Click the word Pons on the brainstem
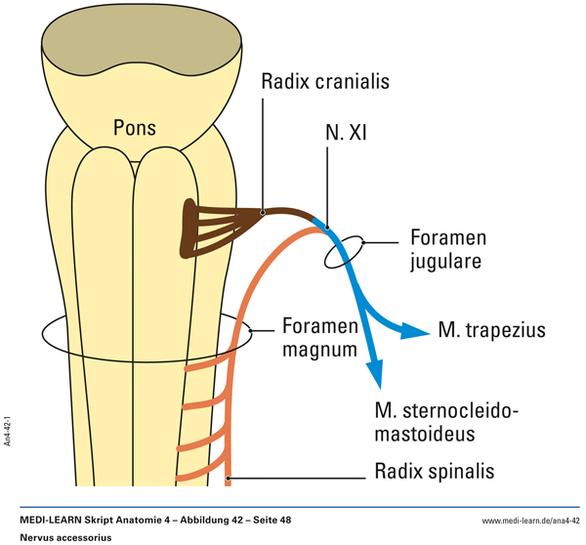(134, 128)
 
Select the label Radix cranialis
(325, 82)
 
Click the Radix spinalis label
(435, 473)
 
